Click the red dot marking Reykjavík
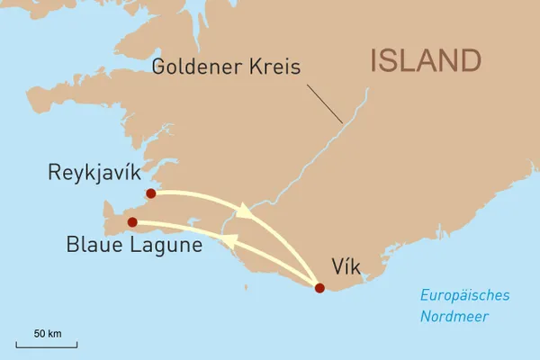point(150,193)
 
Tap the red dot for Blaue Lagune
point(132,221)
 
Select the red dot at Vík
point(319,288)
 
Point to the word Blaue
point(93,245)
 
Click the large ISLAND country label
point(426,61)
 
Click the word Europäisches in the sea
point(465,296)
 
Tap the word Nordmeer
point(453,316)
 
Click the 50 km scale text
point(48,333)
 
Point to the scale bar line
point(47,345)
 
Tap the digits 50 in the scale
point(40,333)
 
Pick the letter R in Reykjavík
point(54,172)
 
